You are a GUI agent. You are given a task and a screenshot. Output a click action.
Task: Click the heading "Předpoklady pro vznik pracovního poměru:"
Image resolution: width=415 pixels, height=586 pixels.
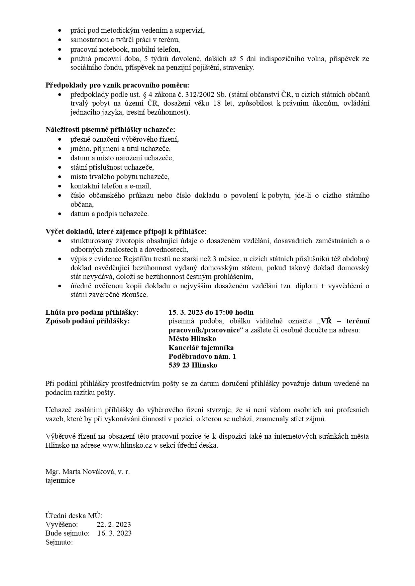(117, 85)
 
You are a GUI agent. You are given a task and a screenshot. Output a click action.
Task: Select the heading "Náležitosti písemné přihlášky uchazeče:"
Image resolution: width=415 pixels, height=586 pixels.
(110, 130)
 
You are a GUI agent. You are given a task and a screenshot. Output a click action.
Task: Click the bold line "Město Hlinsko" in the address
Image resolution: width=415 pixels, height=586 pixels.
(192, 339)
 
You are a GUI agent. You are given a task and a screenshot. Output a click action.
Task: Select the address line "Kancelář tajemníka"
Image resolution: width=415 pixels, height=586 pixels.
(201, 348)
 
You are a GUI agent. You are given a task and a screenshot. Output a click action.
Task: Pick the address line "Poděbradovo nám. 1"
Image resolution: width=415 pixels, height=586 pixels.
(202, 356)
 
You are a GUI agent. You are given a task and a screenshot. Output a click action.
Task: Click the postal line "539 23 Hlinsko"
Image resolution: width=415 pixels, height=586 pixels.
(193, 365)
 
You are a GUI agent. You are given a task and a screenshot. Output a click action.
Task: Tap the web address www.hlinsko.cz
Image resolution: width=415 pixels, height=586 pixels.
(127, 445)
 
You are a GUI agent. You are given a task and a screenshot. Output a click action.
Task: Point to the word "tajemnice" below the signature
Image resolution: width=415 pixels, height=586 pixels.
(60, 480)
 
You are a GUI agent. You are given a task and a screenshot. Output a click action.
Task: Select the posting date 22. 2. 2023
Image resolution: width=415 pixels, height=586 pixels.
(114, 524)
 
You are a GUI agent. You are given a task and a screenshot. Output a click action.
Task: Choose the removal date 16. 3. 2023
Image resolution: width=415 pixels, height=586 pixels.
(114, 533)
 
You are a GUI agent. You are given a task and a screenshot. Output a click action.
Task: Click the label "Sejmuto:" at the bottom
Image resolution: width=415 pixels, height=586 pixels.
(59, 542)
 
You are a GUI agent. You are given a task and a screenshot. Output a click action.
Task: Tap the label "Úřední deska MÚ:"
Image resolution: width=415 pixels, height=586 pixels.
(74, 516)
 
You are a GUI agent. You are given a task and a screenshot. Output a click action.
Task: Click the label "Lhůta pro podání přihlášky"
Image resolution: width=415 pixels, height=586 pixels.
(91, 312)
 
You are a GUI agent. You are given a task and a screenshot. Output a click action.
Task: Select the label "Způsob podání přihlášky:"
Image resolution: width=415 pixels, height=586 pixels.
(88, 321)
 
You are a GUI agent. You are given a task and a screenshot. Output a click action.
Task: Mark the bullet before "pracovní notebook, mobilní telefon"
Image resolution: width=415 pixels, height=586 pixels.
(60, 49)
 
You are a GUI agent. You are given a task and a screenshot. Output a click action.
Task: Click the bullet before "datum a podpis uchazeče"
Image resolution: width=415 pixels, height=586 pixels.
(60, 214)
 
